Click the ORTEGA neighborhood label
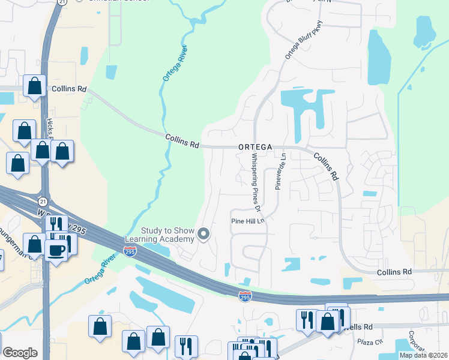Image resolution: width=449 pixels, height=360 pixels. coord(255,146)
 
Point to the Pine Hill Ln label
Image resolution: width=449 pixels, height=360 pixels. coord(248,221)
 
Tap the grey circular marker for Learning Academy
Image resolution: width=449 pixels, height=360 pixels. coord(204,235)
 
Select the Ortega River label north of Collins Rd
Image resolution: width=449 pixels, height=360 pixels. coord(174,64)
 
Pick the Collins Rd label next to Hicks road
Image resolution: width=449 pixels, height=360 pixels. coord(69,89)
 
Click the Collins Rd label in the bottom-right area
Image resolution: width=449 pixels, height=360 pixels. coord(394,272)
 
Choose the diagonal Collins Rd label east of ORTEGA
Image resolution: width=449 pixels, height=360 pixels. coord(327,166)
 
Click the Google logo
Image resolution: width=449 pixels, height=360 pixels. coord(20,353)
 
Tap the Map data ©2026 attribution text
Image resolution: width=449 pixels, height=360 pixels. coord(423,355)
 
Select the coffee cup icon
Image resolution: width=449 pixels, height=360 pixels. coord(56,250)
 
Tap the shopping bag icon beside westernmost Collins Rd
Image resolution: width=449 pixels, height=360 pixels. coord(35,86)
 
